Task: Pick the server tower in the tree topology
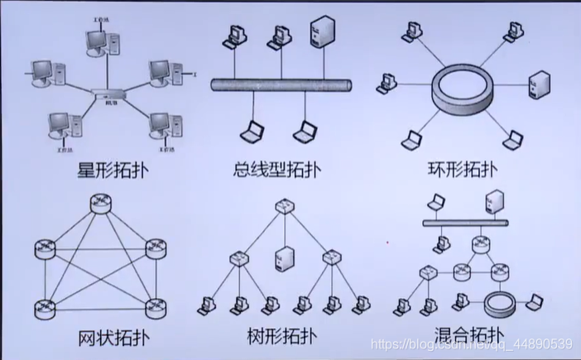[282, 259]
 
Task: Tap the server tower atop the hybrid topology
[495, 201]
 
